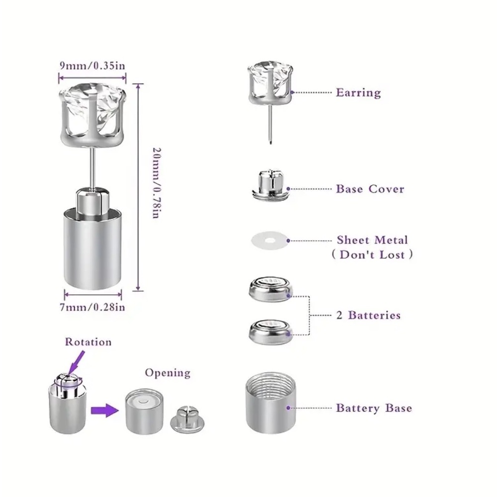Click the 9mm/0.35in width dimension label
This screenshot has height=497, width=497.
click(x=92, y=66)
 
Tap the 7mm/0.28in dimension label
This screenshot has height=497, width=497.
click(x=92, y=307)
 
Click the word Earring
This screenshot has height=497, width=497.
click(x=358, y=92)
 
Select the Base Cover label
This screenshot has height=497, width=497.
click(x=370, y=189)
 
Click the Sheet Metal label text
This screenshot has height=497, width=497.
click(x=372, y=240)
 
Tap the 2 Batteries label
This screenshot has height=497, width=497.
click(x=369, y=315)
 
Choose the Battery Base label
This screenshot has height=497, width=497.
click(x=374, y=408)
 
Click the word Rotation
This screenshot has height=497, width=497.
click(x=88, y=342)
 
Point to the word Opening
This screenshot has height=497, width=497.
click(x=167, y=373)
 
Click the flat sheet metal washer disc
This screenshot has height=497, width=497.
click(x=270, y=241)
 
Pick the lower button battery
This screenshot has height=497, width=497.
click(x=271, y=331)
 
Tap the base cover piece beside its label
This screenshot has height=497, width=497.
click(x=270, y=185)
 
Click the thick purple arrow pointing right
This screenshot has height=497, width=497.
click(x=104, y=411)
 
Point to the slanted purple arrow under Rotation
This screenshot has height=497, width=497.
click(x=76, y=362)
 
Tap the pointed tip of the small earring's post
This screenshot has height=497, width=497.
click(x=270, y=144)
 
